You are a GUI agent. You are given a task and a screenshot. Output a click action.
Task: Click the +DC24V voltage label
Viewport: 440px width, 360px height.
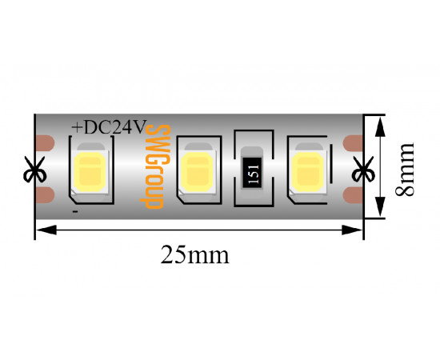coord(109,127)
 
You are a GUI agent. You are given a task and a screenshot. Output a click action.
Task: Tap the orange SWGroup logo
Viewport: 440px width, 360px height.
coord(155,166)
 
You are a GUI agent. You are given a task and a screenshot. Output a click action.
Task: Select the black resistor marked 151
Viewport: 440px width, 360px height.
coord(252,172)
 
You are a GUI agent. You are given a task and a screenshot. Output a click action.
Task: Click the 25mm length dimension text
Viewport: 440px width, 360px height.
coord(194,254)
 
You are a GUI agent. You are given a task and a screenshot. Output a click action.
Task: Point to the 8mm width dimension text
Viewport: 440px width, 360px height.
coord(404,169)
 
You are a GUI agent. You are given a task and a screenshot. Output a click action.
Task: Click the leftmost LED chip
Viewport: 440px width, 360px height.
coord(90,172)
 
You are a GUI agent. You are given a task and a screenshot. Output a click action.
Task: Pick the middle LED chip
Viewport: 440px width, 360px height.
coord(198,172)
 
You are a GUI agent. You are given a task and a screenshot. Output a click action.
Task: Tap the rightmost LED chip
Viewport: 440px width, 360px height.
coord(308,172)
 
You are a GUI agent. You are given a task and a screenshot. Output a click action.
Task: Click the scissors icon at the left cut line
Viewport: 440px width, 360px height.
coord(34,169)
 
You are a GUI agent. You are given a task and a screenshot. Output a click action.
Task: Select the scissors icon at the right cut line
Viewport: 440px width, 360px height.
coord(363,169)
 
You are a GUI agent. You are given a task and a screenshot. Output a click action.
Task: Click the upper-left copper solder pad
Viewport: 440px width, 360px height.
coord(45,143)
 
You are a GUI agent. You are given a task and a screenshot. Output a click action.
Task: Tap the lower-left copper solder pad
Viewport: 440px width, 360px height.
coord(45,195)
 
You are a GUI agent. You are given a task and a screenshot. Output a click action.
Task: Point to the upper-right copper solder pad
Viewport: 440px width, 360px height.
coord(353,143)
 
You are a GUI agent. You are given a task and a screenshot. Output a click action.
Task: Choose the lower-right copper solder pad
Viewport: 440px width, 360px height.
coord(353,195)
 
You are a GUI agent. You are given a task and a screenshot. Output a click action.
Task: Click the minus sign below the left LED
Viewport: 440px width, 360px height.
coord(75,211)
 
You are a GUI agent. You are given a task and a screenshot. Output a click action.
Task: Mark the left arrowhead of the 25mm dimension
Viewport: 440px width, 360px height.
coord(46,230)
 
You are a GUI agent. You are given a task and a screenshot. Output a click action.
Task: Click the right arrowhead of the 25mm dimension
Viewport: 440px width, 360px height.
coord(352,230)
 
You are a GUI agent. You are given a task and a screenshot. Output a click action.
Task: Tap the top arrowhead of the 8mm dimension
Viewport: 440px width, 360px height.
coord(380,127)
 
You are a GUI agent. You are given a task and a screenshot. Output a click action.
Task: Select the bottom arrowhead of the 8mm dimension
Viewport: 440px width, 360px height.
coord(380,206)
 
